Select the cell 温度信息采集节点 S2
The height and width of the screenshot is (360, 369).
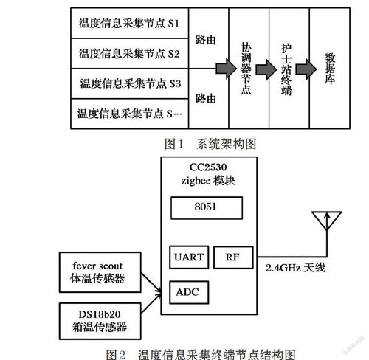pos(129,53)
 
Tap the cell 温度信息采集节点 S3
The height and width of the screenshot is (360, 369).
pos(129,83)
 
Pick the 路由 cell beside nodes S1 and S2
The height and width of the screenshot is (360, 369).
pos(207,38)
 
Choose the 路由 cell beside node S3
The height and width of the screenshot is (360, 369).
pos(207,97)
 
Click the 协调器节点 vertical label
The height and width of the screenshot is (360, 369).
pos(248,66)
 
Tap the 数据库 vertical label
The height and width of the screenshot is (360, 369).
pos(329,66)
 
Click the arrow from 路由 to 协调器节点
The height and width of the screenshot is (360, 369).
pos(226,67)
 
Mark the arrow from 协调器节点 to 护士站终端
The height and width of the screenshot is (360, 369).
pos(268,67)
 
